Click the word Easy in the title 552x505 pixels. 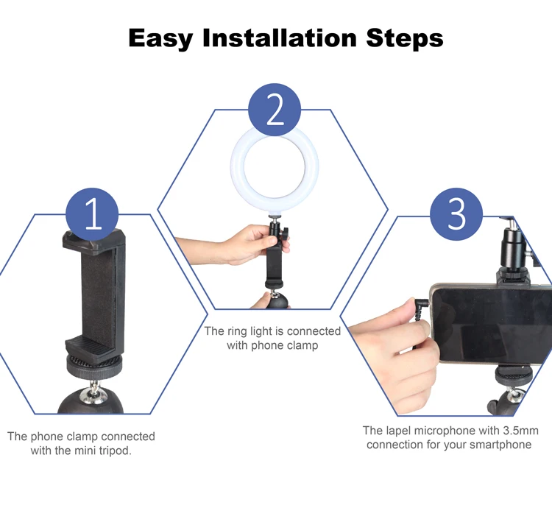(x=160, y=38)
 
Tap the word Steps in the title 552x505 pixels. (x=405, y=38)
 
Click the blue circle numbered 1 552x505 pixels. (x=92, y=214)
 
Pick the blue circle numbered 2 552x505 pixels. (x=275, y=110)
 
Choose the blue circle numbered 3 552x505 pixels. (x=456, y=214)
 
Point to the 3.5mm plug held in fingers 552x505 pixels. (x=422, y=307)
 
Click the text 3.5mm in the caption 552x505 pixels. (x=521, y=431)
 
